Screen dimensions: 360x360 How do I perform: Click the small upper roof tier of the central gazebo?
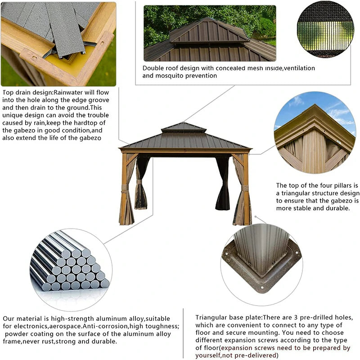pos(183,127)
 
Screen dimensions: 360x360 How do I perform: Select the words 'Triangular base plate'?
pos(227,317)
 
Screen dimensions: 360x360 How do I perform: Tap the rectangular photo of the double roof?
pos(209,33)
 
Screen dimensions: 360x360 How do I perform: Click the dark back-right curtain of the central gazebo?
pos(222,184)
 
